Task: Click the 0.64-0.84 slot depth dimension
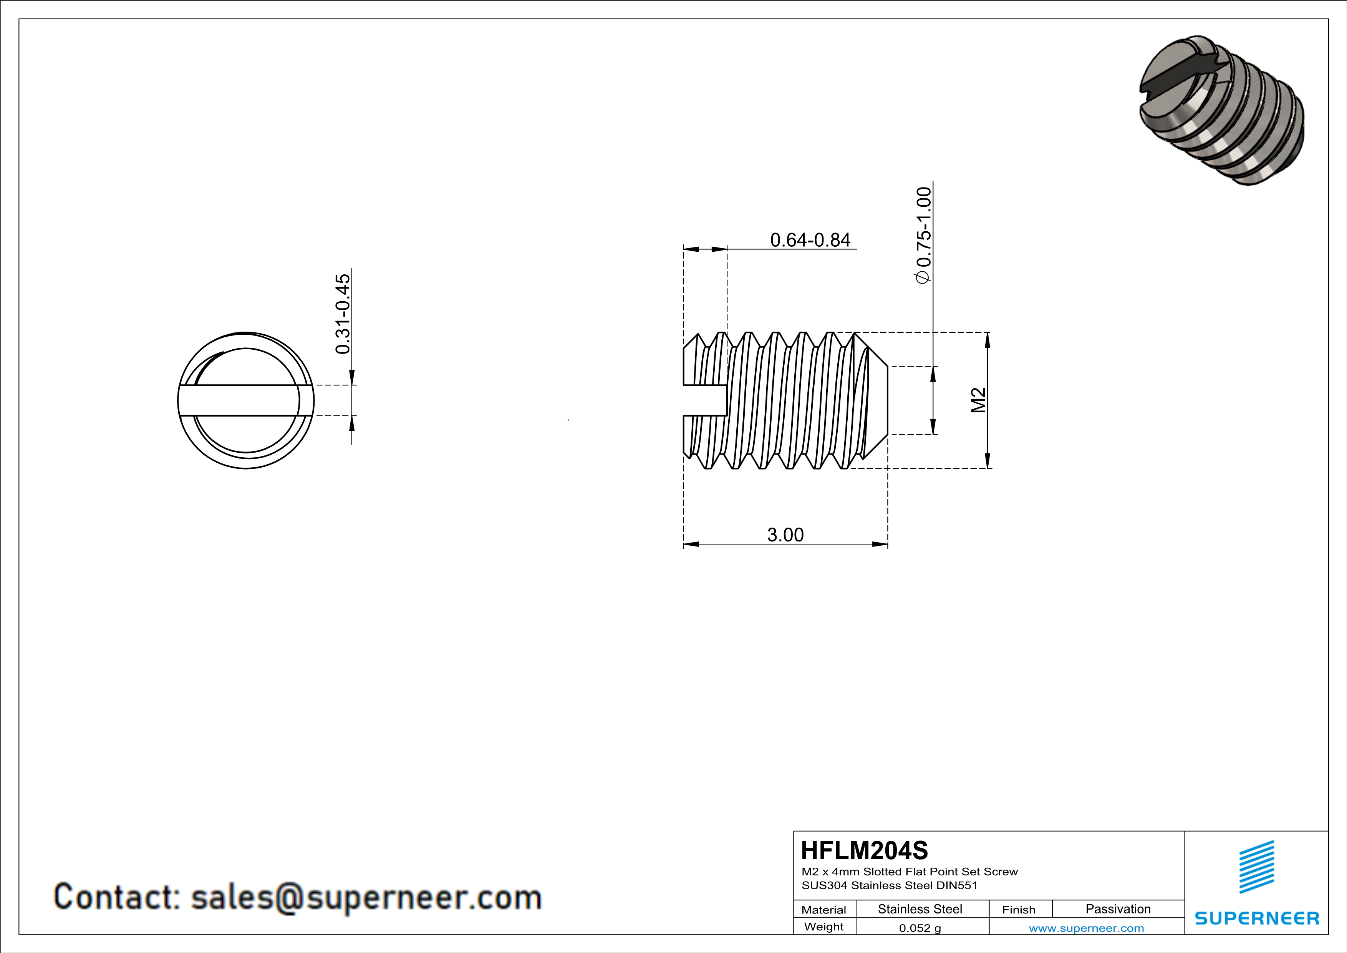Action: point(810,240)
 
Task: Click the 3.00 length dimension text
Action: point(785,535)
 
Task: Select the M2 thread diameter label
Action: point(978,400)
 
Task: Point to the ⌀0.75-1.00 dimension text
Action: point(923,235)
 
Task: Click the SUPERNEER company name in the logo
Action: point(1257,918)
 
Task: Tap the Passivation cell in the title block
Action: point(1118,909)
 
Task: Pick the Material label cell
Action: point(824,910)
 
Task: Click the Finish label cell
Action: point(1019,910)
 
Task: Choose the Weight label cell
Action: point(824,926)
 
